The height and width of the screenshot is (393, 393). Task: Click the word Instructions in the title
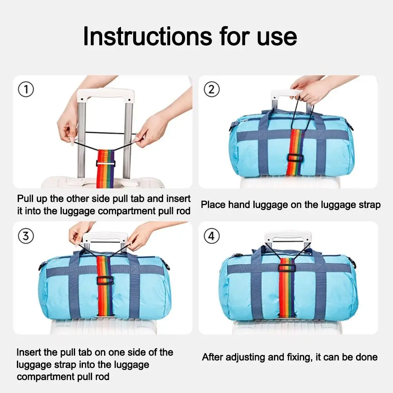(x=148, y=37)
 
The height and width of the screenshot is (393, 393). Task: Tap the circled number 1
(x=26, y=90)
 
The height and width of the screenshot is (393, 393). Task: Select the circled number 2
(x=212, y=90)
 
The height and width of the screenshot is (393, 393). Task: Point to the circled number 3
(x=26, y=236)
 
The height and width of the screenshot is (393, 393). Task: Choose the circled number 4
(x=212, y=236)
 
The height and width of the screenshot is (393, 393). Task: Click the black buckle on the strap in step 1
(x=106, y=163)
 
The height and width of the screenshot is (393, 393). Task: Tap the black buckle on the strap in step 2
(x=295, y=158)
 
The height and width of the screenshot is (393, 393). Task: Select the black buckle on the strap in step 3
(x=105, y=280)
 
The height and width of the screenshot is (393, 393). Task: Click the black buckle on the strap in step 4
(x=287, y=268)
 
